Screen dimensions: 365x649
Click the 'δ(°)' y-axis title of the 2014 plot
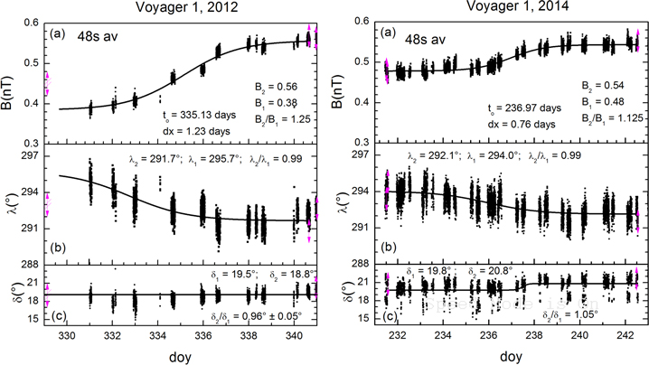(349, 294)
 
